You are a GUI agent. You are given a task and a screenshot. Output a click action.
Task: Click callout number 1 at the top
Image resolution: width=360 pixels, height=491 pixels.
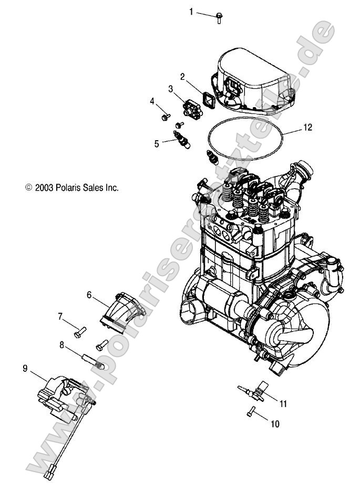pos(191,11)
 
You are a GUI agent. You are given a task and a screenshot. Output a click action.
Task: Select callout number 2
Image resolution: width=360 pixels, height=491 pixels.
pos(182,76)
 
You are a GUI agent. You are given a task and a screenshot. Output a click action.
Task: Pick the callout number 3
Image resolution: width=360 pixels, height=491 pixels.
pos(171,88)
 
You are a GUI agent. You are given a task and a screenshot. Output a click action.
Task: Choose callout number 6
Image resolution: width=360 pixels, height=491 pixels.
pos(89,296)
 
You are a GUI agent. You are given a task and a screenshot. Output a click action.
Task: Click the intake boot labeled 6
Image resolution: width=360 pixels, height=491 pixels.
pos(116,314)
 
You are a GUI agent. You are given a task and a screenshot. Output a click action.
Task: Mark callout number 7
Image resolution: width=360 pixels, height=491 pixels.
pos(60,316)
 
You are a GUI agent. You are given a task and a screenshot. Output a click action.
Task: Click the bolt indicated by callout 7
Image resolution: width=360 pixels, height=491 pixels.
pos(80,332)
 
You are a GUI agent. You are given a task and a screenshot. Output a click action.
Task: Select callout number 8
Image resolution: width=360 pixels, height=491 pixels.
pos(61,344)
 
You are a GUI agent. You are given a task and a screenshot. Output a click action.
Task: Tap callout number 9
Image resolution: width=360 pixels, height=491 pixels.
pos(25,368)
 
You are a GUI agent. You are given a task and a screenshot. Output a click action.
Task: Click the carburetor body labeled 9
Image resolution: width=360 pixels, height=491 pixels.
pos(59,400)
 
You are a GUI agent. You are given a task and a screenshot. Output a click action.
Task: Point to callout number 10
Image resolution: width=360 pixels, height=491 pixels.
pos(275,423)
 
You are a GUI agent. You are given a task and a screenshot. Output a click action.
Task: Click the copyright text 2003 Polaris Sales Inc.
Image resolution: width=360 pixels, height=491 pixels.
pos(72,187)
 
